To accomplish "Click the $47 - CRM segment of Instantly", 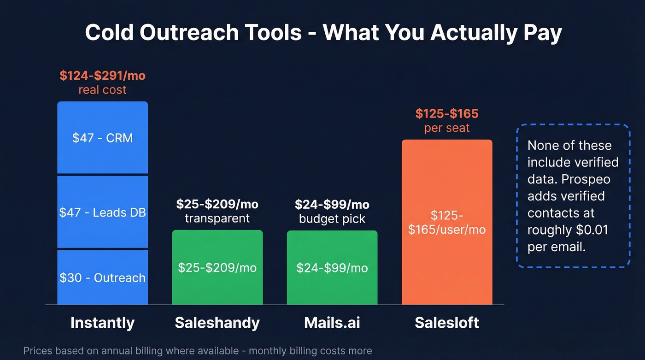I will (102, 137).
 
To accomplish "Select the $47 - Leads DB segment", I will (102, 212).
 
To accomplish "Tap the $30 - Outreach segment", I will (102, 277).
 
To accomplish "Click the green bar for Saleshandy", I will (217, 267).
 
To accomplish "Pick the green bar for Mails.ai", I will (332, 267).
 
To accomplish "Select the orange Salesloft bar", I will (447, 222).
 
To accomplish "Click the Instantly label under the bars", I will (102, 323).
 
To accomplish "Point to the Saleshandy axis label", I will (217, 323).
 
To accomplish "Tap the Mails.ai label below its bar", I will (332, 323).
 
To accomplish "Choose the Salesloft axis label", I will (447, 323).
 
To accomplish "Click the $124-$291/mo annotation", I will (102, 76).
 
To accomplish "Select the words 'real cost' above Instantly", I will (102, 90).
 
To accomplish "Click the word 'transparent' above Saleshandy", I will (217, 218).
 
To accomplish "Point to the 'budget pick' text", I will (332, 218).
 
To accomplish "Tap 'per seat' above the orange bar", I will (447, 128).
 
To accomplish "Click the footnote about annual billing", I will (197, 351).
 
